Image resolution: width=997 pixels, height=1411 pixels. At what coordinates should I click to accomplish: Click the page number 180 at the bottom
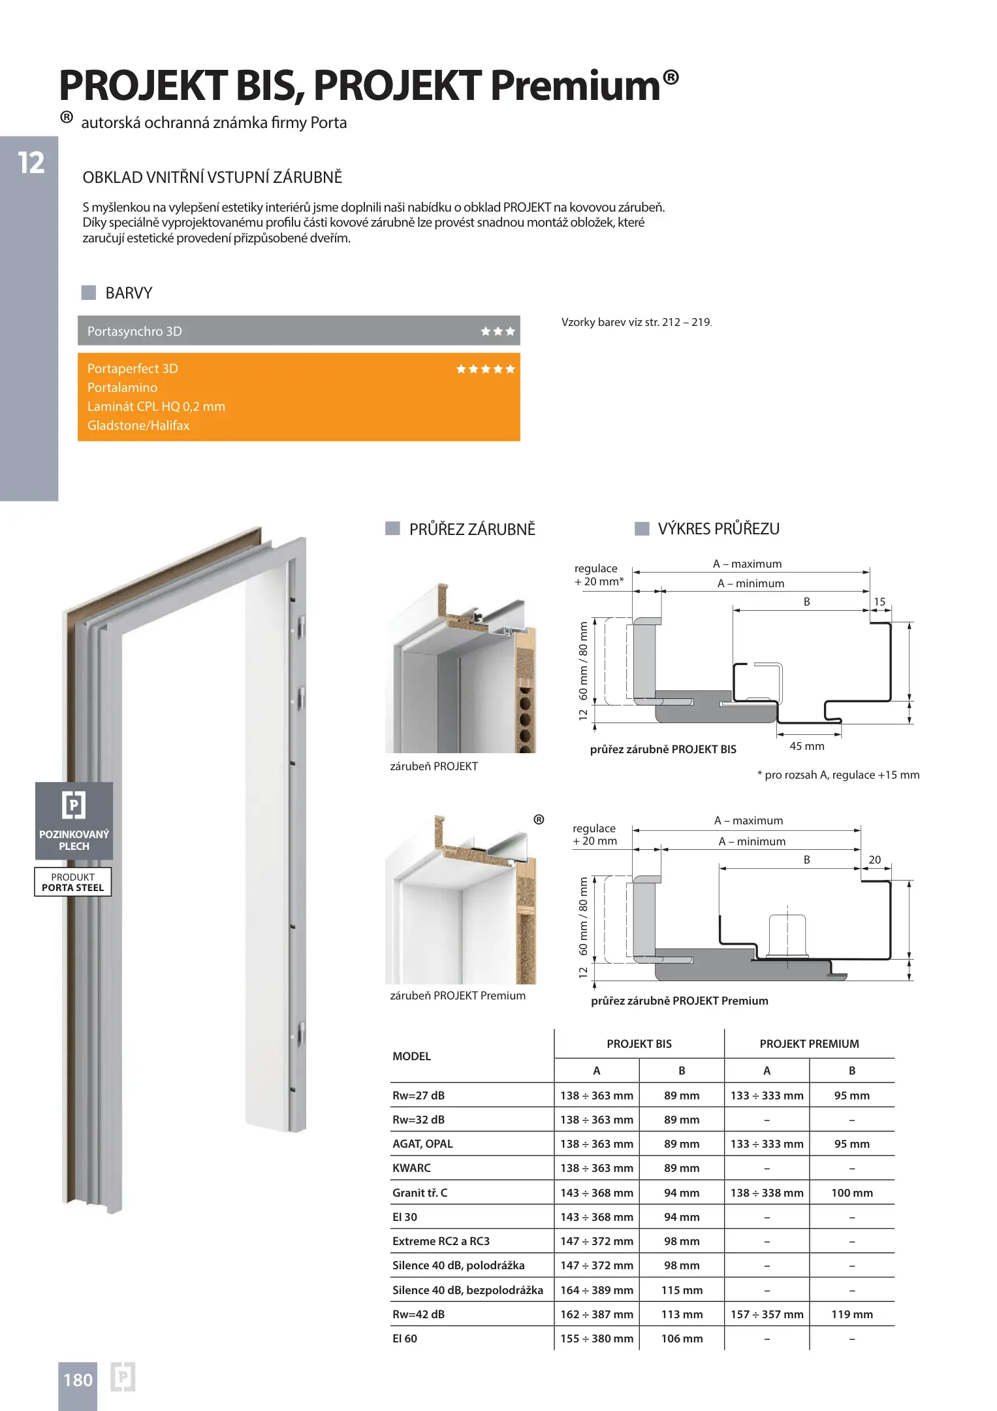[x=78, y=1380]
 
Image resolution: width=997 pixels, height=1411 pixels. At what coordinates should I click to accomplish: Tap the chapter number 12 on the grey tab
[x=31, y=163]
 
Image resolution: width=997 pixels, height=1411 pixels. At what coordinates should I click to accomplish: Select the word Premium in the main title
[x=575, y=86]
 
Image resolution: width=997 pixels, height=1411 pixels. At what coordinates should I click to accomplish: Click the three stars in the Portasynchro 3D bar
[x=498, y=331]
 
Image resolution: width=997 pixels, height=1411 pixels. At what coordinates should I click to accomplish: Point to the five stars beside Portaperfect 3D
[x=485, y=369]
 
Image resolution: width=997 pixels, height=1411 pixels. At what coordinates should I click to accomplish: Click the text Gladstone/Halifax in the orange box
[x=138, y=425]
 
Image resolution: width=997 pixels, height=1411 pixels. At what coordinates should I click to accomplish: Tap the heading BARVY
[x=129, y=293]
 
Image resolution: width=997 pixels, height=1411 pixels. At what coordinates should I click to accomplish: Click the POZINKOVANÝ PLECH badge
[x=74, y=820]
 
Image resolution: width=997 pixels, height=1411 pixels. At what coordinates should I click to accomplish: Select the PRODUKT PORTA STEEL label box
[x=73, y=882]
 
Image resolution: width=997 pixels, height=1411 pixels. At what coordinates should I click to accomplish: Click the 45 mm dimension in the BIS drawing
[x=806, y=746]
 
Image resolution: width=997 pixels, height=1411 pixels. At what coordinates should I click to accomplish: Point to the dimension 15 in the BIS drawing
[x=879, y=602]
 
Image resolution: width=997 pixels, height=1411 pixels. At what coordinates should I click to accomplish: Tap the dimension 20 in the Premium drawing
[x=874, y=860]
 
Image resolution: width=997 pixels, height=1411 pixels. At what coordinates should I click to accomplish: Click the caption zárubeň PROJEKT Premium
[x=457, y=996]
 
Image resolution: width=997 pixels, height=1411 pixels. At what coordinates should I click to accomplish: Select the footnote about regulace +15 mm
[x=838, y=775]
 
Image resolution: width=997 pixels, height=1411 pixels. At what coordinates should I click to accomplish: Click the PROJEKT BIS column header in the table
[x=639, y=1044]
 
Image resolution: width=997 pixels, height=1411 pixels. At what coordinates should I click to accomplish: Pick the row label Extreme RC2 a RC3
[x=441, y=1241]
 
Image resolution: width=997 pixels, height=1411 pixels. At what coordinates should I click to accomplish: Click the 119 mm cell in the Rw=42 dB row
[x=851, y=1314]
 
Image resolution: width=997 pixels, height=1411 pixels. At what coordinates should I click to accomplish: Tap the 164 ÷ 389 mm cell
[x=596, y=1290]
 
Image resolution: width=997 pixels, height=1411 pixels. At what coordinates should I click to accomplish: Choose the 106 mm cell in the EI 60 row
[x=682, y=1338]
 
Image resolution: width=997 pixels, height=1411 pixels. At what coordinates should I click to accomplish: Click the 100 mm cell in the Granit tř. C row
[x=851, y=1193]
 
